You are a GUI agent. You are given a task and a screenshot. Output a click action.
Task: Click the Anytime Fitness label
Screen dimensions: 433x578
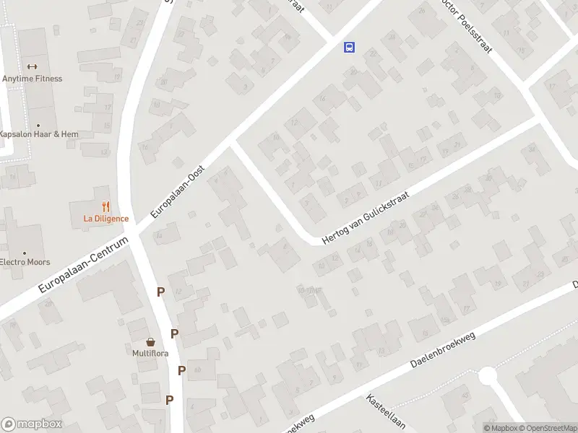[x=33, y=79]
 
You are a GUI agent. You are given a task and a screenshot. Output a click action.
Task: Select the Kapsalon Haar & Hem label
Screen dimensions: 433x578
[x=38, y=134]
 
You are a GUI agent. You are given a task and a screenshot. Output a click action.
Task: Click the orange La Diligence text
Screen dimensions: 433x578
[x=105, y=219]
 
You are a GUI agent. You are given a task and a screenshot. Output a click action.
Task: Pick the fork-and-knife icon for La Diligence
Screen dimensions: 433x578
[x=105, y=206]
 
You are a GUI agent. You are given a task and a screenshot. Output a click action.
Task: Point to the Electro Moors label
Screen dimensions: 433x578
[x=25, y=262]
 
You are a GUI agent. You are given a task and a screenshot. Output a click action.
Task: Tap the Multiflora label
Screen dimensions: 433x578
[x=150, y=353]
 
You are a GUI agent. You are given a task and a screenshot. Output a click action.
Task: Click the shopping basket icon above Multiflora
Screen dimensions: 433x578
[x=150, y=341]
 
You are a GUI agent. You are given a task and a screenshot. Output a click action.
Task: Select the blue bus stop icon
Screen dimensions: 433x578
[x=349, y=48]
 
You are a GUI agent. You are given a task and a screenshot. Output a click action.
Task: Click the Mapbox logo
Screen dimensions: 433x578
[x=31, y=424]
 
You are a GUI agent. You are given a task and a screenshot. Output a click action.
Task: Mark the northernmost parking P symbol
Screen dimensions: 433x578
[x=160, y=292]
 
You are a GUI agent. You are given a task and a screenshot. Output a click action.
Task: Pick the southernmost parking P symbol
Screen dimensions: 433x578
[x=169, y=400]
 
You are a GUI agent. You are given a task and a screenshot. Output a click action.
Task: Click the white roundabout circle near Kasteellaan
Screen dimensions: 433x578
[x=488, y=376]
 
